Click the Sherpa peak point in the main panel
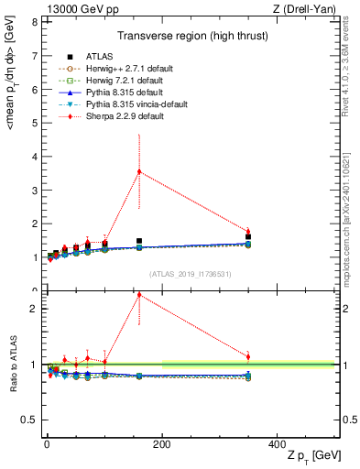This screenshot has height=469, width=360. point(139,171)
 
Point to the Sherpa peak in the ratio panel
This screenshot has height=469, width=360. point(139,295)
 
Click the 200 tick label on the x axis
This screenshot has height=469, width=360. point(161,443)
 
